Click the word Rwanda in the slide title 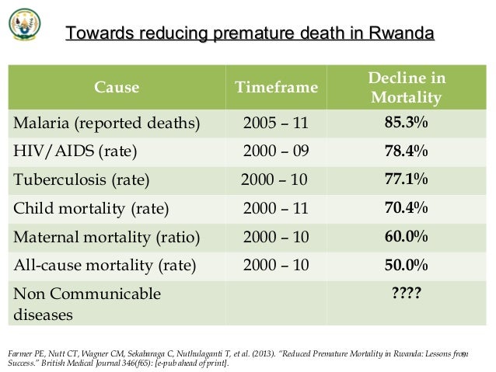[x=401, y=34]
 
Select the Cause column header [x=117, y=88]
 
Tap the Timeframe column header [x=276, y=88]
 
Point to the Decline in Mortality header [x=407, y=88]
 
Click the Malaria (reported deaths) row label [x=104, y=123]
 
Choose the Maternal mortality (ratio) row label [x=105, y=237]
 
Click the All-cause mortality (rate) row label [x=103, y=265]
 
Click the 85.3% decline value [x=406, y=123]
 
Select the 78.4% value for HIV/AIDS [x=406, y=151]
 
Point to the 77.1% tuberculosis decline [x=406, y=180]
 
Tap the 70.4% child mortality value [x=406, y=208]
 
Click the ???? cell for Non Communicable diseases [x=406, y=294]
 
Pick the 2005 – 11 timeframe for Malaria [x=276, y=123]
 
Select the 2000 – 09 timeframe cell [x=276, y=151]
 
